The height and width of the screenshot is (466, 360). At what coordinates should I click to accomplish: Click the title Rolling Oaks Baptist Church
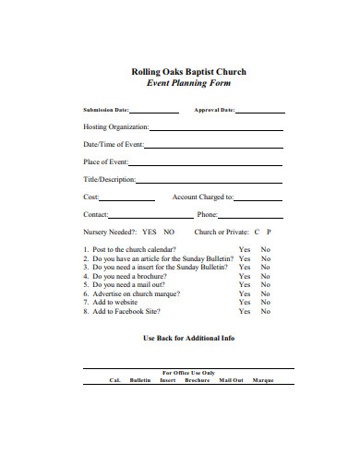189,71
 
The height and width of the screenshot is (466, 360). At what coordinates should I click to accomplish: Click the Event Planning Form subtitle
189,83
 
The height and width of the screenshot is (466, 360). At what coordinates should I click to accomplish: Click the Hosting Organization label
116,126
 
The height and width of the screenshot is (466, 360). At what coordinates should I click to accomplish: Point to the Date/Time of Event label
114,144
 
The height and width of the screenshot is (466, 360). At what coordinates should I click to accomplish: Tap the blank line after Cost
127,197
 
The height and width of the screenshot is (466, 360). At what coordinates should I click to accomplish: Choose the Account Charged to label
203,197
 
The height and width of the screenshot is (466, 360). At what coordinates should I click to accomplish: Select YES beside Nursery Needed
150,232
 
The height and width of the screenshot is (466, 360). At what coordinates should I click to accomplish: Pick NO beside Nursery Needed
169,232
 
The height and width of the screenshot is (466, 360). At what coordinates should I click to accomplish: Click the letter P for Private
269,232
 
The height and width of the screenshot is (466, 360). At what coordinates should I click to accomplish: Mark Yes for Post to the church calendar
245,249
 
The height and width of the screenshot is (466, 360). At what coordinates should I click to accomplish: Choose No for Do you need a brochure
265,276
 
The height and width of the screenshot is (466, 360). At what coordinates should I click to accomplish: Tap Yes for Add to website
245,302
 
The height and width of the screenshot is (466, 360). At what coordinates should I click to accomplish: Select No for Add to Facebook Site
265,311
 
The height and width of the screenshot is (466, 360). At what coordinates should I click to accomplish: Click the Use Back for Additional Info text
190,338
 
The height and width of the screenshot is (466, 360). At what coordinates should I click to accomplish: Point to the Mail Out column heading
231,379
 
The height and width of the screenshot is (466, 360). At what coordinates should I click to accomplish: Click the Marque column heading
263,379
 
